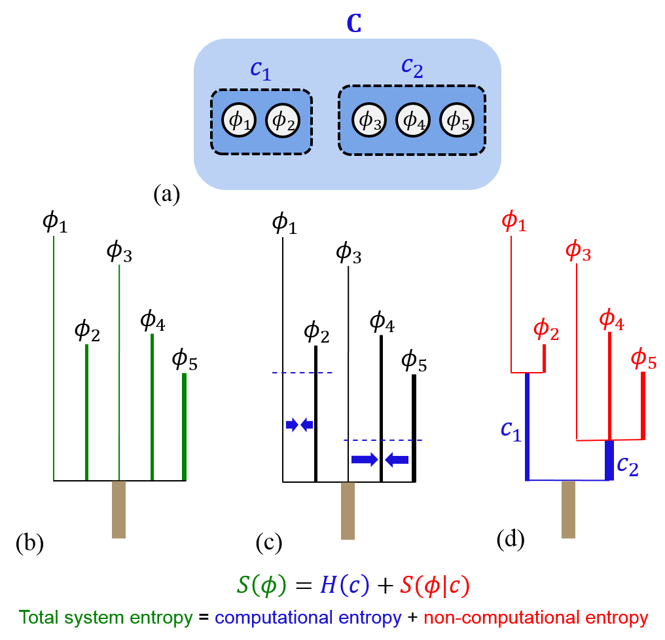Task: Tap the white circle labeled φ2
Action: click(282, 121)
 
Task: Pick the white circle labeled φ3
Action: click(369, 121)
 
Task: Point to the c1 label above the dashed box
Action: click(261, 71)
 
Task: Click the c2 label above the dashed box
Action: click(412, 67)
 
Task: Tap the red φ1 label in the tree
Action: click(514, 221)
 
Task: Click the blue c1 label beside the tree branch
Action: click(511, 430)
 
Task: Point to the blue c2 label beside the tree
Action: click(628, 465)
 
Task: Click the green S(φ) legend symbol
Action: click(261, 585)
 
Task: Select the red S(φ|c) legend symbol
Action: click(435, 586)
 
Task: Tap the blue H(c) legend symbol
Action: click(344, 585)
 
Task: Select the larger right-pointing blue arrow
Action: click(365, 460)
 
